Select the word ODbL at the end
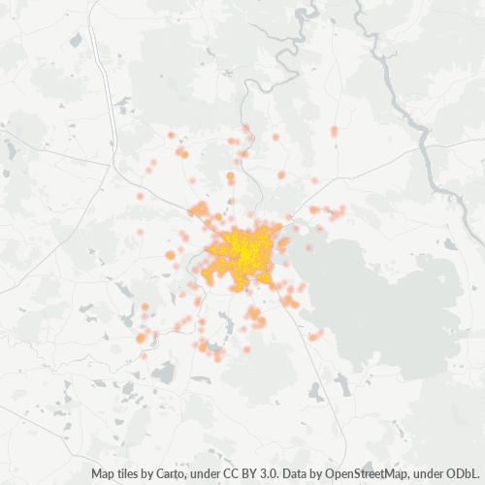[465, 474]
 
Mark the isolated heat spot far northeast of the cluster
[334, 130]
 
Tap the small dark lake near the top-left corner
[76, 40]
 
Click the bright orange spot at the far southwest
[141, 338]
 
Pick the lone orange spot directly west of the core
[171, 254]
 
